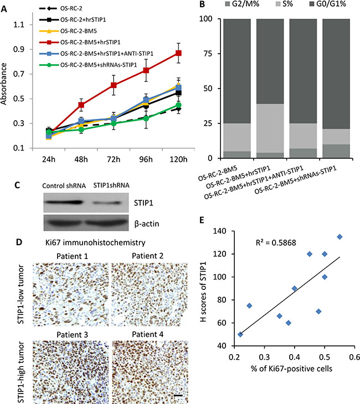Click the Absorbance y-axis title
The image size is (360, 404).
pyautogui.click(x=7, y=87)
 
